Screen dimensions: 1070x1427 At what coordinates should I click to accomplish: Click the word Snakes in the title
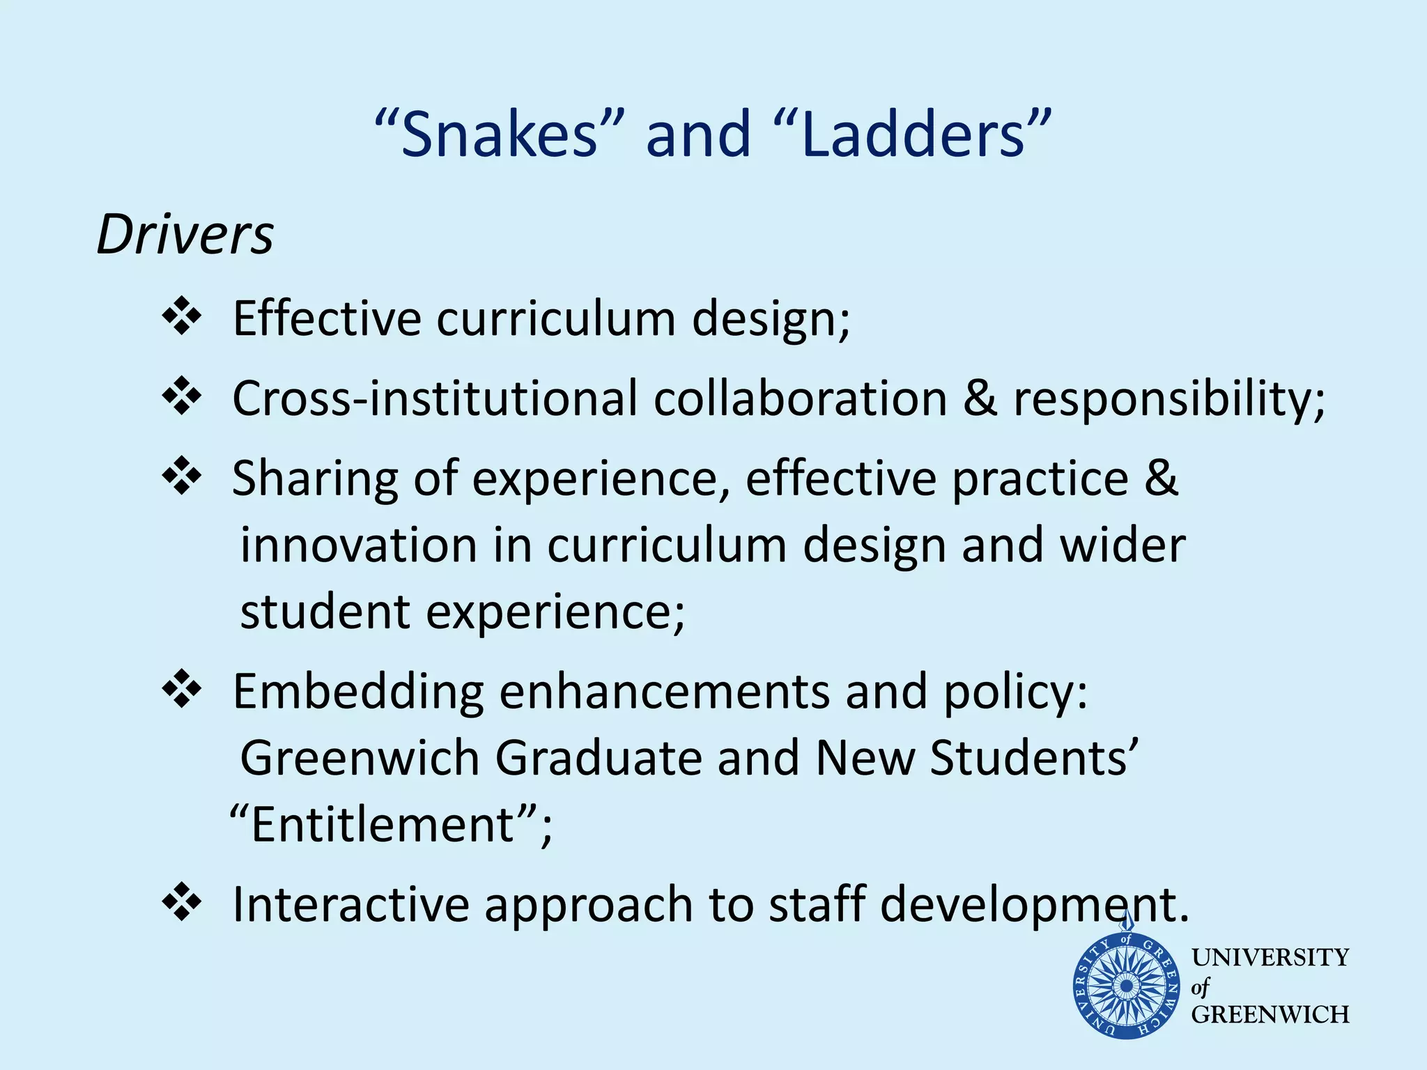(x=499, y=134)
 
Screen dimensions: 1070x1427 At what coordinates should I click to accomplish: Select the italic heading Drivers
(x=185, y=235)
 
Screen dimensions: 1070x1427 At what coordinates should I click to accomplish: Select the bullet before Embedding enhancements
(x=181, y=689)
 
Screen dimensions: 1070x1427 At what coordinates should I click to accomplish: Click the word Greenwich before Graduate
(x=360, y=758)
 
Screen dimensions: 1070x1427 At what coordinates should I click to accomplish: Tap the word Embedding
(x=358, y=692)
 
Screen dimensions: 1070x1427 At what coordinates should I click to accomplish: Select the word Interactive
(x=350, y=904)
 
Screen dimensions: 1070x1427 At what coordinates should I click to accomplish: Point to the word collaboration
(x=800, y=398)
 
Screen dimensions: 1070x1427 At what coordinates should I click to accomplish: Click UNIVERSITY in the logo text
(x=1270, y=958)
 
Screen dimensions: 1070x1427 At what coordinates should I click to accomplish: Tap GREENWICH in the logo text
(x=1270, y=1015)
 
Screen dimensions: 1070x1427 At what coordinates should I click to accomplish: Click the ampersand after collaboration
(x=980, y=398)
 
